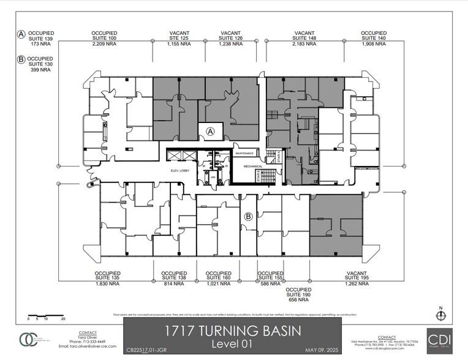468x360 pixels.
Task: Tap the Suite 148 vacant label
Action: tap(304, 39)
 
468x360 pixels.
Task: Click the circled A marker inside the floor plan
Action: tap(210, 130)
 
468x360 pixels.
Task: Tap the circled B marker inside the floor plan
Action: tap(248, 216)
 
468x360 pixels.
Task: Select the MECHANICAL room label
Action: tap(252, 166)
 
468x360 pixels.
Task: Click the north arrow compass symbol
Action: tap(440, 314)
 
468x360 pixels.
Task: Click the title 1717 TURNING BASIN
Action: tap(232, 331)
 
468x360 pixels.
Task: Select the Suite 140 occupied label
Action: tap(373, 39)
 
